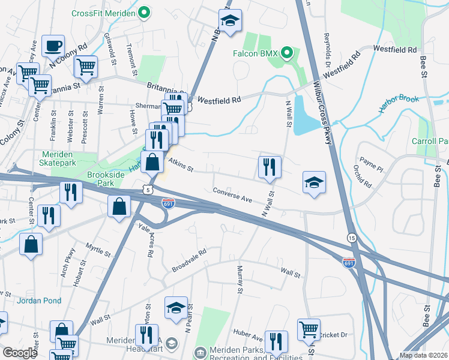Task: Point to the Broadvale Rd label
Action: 188,259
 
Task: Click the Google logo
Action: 20,352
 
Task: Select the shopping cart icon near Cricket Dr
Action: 309,329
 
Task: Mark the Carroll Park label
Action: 430,141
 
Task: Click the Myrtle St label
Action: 98,251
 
